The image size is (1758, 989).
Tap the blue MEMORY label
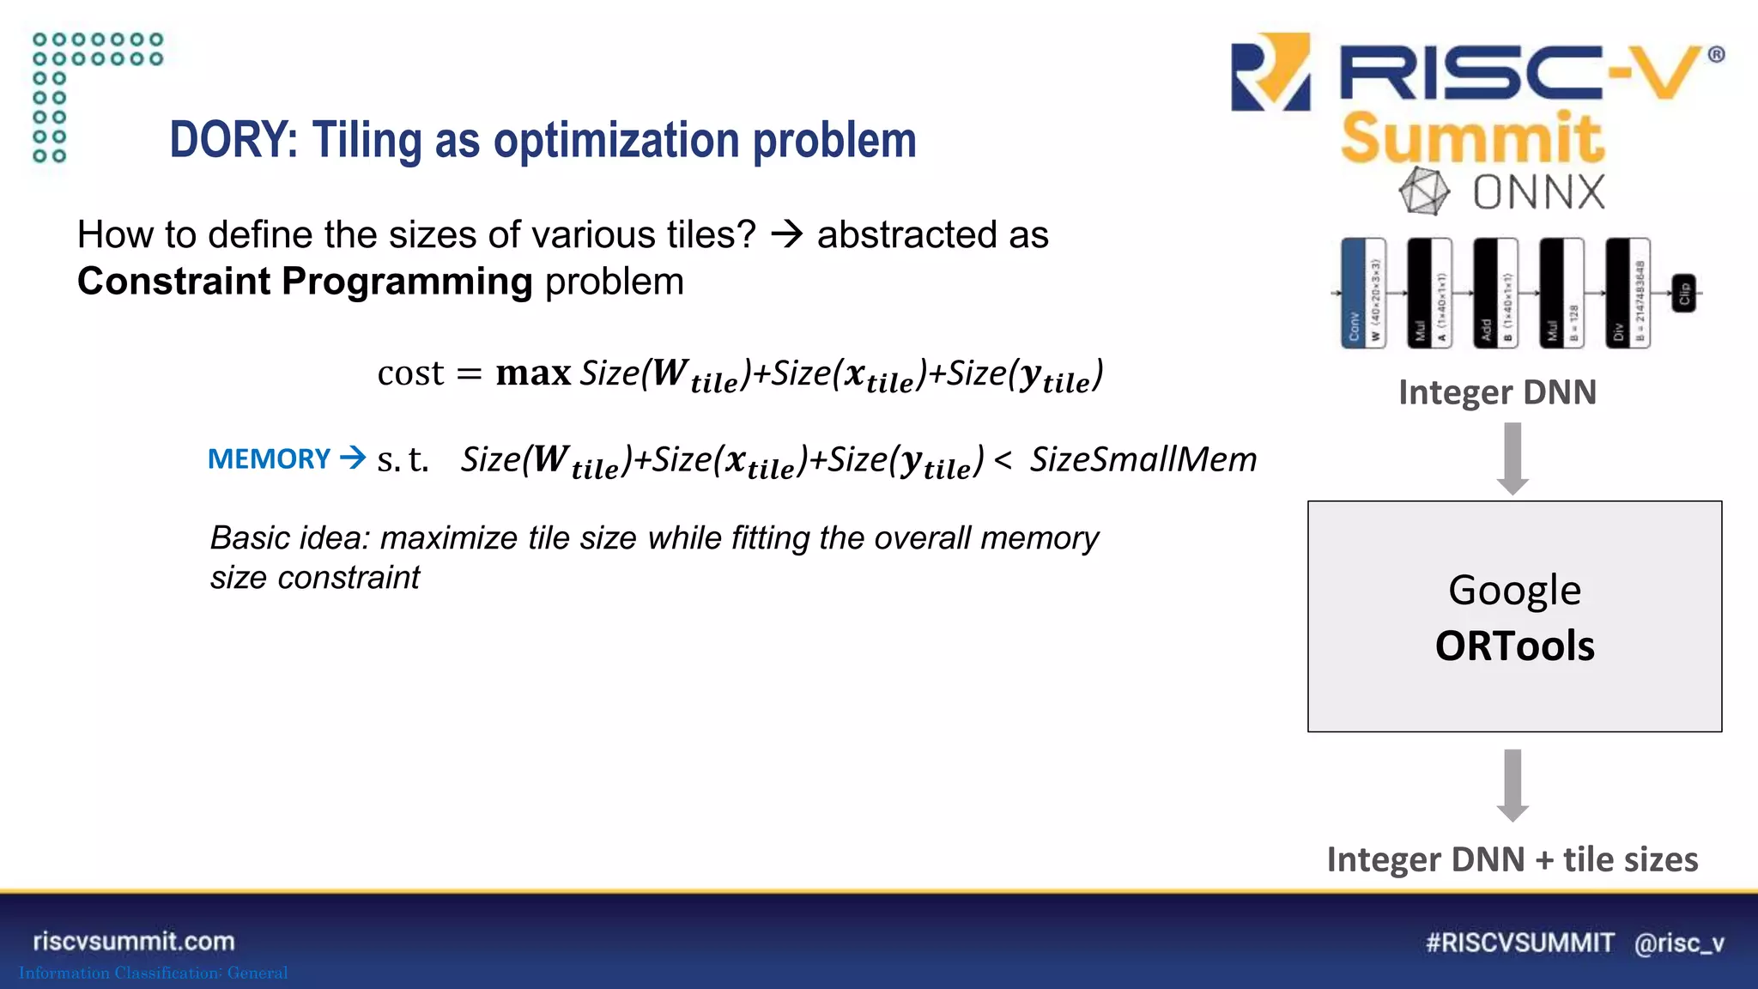269,459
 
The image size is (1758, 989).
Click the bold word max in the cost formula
533,373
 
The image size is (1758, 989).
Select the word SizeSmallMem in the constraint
1143,459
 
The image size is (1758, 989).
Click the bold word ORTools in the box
1514,646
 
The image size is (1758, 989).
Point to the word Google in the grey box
1514,591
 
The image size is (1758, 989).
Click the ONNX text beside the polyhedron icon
1538,192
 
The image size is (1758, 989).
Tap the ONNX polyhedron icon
1424,191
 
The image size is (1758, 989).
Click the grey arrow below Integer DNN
1512,458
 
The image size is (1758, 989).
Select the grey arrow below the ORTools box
1512,785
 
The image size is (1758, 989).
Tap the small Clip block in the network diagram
1683,294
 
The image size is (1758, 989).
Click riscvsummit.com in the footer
134,941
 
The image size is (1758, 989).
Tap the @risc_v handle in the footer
1679,943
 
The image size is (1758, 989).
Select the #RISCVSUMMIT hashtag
1519,943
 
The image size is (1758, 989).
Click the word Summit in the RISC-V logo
1471,137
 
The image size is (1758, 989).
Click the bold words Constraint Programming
305,282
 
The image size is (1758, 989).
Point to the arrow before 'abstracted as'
786,234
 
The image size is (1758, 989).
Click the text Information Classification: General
153,973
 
